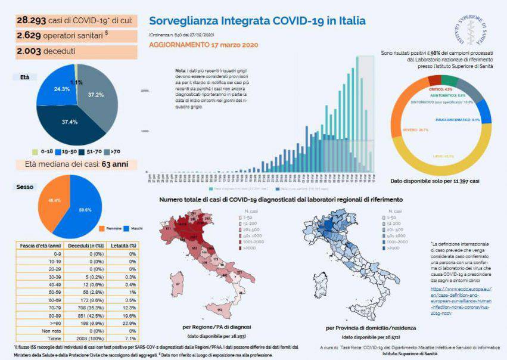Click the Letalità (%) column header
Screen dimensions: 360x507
[x=125, y=245]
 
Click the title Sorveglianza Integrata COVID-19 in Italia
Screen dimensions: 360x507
[x=257, y=21]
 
